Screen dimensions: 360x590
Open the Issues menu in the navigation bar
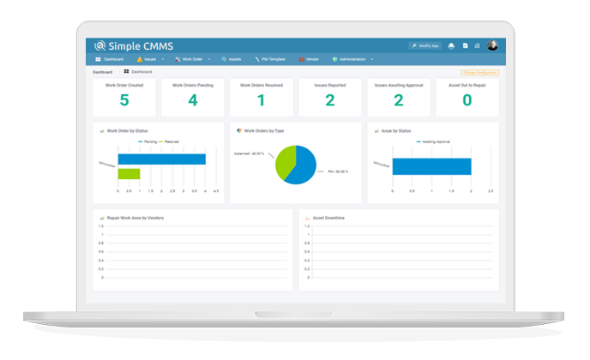pos(149,59)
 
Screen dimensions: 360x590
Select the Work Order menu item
pos(191,59)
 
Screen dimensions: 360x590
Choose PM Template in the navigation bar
pos(271,59)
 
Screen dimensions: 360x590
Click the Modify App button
pos(424,45)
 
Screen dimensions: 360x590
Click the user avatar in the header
pos(493,45)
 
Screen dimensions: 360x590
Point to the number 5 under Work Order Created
pos(124,100)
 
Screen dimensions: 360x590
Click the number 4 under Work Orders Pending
pos(193,100)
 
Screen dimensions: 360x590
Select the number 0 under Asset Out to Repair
pos(467,100)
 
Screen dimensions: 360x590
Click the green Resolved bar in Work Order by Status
pos(129,174)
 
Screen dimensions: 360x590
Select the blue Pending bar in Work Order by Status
pos(161,159)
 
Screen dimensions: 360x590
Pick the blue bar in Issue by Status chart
pos(431,166)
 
